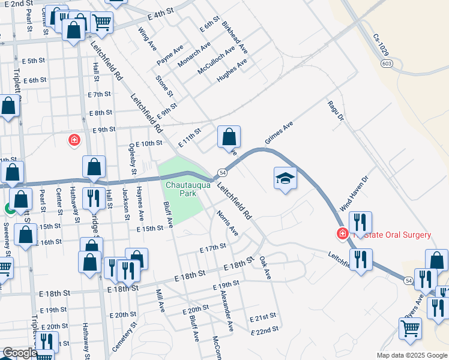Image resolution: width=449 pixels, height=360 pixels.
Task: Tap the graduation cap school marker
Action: click(286, 178)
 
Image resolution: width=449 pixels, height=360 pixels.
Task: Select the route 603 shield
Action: click(387, 63)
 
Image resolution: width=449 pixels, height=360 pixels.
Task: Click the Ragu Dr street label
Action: click(335, 111)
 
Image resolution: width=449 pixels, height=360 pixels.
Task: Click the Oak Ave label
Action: click(265, 268)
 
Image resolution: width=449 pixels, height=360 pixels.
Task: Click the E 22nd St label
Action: click(265, 329)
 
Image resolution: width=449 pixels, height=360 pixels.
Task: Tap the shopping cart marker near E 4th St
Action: click(101, 22)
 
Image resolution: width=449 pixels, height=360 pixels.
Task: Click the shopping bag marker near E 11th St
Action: click(229, 137)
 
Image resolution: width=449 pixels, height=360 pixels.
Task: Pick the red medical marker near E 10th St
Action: click(74, 140)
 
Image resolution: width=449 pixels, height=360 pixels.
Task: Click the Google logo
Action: click(19, 353)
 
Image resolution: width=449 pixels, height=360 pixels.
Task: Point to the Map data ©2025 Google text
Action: click(411, 355)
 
